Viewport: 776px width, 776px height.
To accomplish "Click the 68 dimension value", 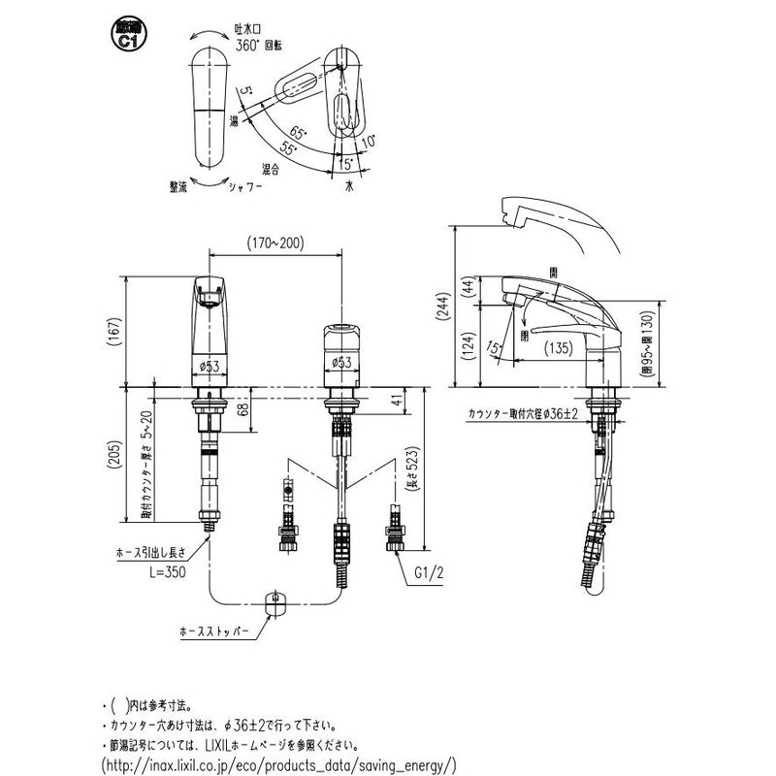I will [242, 411].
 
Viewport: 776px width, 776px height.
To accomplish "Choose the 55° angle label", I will [288, 146].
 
